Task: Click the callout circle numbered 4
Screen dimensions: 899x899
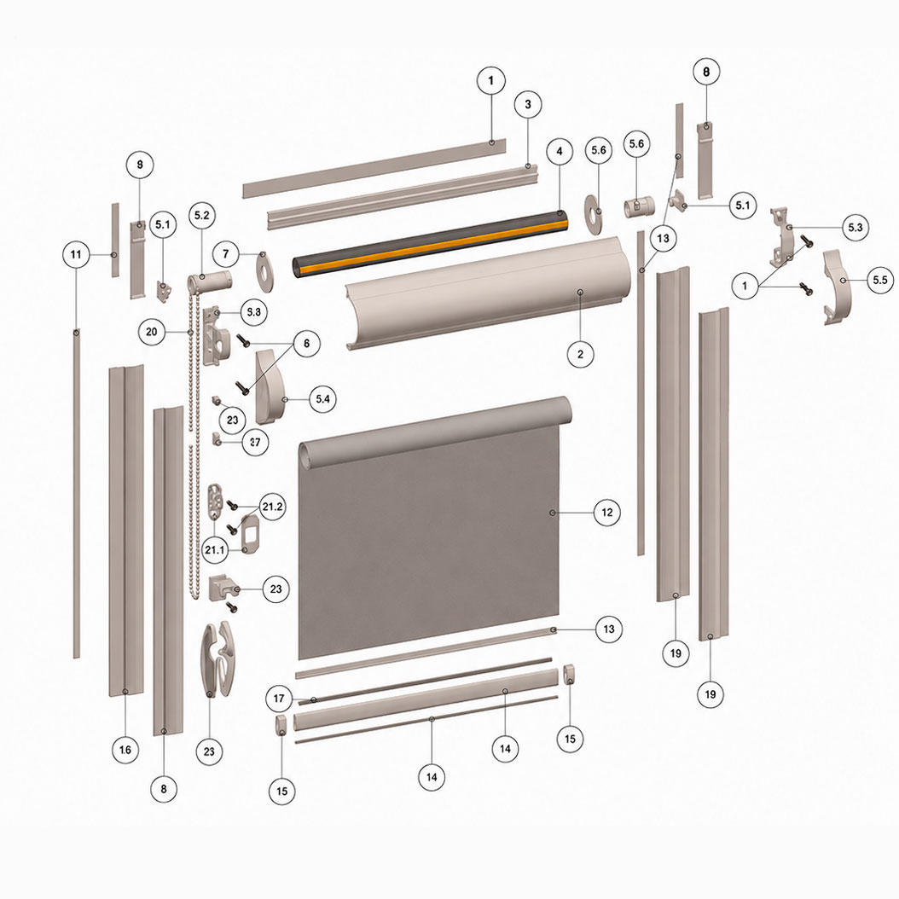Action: click(x=560, y=151)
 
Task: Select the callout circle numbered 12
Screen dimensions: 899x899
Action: click(x=607, y=513)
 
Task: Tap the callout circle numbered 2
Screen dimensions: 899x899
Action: click(x=580, y=354)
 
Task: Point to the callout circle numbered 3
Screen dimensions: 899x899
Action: click(x=528, y=104)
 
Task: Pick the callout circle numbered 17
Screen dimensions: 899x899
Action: click(x=279, y=699)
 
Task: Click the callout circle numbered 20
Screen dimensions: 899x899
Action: click(x=152, y=332)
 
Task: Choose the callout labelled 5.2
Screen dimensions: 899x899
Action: click(x=202, y=216)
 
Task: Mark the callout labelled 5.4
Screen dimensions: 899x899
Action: click(x=322, y=399)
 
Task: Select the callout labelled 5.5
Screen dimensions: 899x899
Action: click(x=880, y=281)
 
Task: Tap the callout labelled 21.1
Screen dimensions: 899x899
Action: click(x=215, y=550)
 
